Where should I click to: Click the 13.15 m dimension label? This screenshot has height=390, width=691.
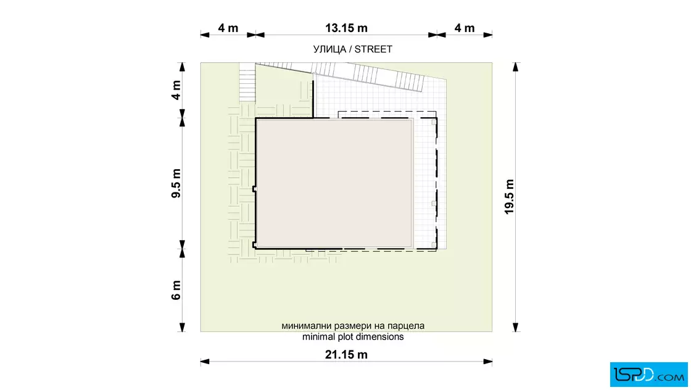point(346,28)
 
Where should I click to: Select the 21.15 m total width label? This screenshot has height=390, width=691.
point(346,354)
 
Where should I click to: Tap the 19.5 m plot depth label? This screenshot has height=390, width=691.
point(510,197)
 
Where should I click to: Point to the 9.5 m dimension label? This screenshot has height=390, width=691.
point(176,183)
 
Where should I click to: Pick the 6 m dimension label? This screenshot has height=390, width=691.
point(176,290)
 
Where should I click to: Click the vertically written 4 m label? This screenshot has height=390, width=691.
point(176,90)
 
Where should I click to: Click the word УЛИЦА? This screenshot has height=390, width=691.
point(329,49)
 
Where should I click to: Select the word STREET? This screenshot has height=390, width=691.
point(373,49)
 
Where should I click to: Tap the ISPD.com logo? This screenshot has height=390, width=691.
point(648,375)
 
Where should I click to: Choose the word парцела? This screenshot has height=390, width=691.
point(406,326)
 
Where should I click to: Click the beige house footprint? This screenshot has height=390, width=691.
point(334,183)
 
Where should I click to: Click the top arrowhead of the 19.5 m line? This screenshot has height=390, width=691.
point(516,67)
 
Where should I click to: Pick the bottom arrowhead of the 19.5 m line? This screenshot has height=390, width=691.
point(516,327)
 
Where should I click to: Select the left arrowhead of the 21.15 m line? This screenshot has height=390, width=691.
point(205,362)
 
